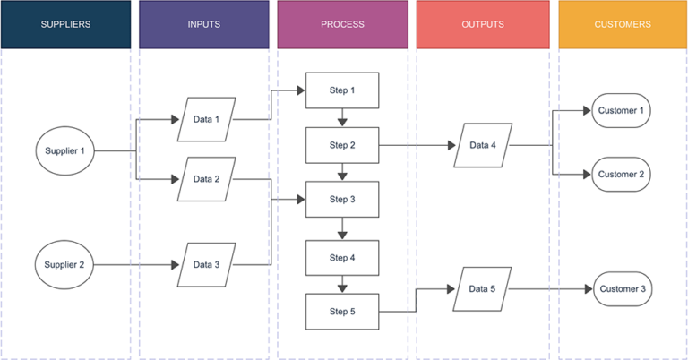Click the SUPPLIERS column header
pos(65,24)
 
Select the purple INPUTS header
pos(203,24)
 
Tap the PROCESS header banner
pos(342,24)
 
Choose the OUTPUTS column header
pos(482,24)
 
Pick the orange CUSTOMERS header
pos(623,24)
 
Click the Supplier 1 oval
pos(64,151)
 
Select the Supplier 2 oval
pos(64,265)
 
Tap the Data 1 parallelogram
pos(205,120)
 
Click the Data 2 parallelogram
pos(205,179)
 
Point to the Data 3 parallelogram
pos(205,265)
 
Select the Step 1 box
pos(342,91)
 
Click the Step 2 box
pos(342,145)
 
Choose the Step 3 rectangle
pos(342,200)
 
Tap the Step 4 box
pos(342,258)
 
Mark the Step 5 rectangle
pos(342,312)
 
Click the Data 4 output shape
pos(482,146)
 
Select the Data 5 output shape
pos(482,289)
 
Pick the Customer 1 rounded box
pos(621,110)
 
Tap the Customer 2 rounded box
pos(621,175)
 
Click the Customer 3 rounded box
pos(621,289)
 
